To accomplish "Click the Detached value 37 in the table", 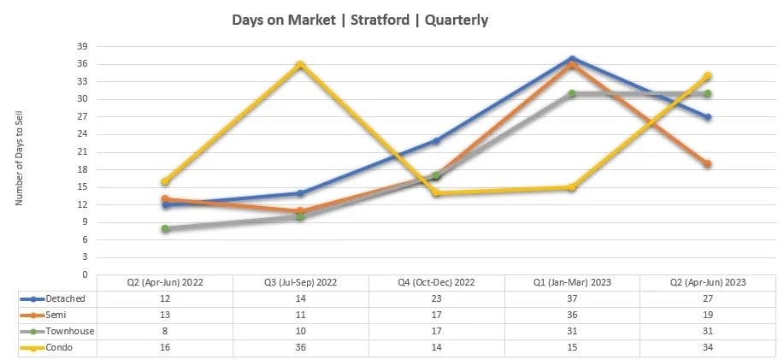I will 571,298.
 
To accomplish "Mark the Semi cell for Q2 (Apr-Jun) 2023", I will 707,315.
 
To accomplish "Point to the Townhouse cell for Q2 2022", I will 165,331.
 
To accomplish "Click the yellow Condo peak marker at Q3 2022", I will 300,64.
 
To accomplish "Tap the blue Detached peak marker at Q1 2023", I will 571,58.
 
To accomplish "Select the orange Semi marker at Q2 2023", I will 707,163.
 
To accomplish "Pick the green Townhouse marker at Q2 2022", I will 165,228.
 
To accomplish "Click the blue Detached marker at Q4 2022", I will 436,140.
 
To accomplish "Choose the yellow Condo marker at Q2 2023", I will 707,76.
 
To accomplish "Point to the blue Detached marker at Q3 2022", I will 300,193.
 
